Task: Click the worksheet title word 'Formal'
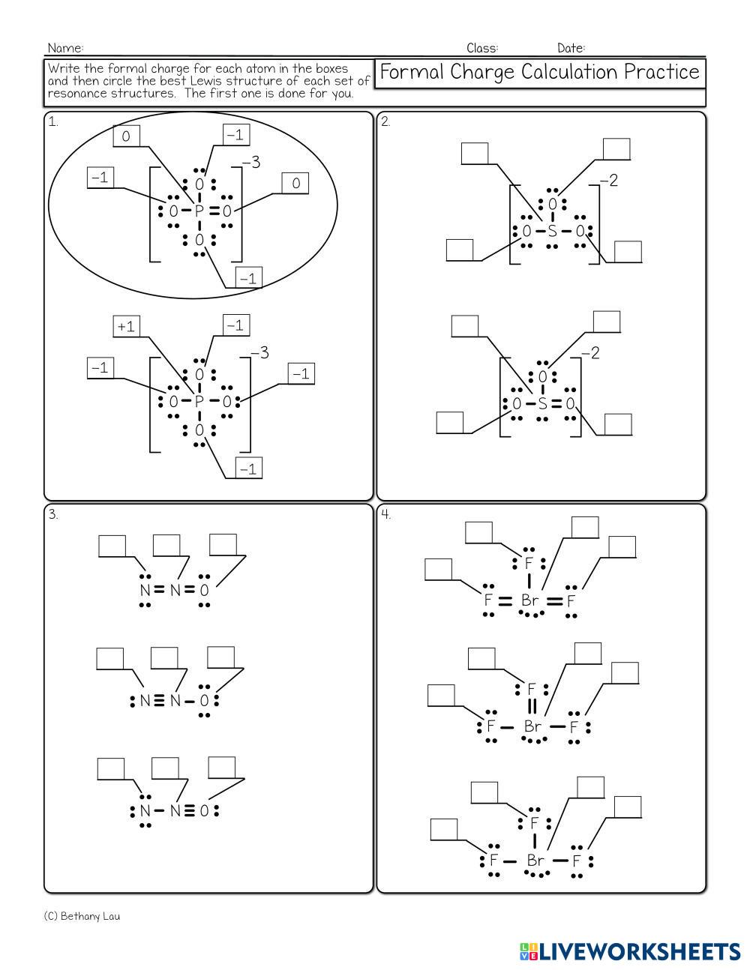(412, 72)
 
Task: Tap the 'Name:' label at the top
(66, 48)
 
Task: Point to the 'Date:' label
(571, 48)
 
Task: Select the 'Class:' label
(482, 48)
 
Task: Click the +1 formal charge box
(126, 326)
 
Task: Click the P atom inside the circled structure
(199, 211)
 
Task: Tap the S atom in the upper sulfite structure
(552, 231)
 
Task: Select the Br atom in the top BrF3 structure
(530, 600)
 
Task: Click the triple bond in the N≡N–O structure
(159, 701)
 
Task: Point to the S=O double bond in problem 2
(556, 404)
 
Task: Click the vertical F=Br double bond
(532, 707)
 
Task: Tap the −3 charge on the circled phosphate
(251, 163)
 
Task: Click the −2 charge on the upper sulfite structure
(609, 181)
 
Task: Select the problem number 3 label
(53, 515)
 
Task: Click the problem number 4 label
(385, 515)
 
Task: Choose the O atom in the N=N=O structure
(204, 590)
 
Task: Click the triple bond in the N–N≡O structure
(189, 811)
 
